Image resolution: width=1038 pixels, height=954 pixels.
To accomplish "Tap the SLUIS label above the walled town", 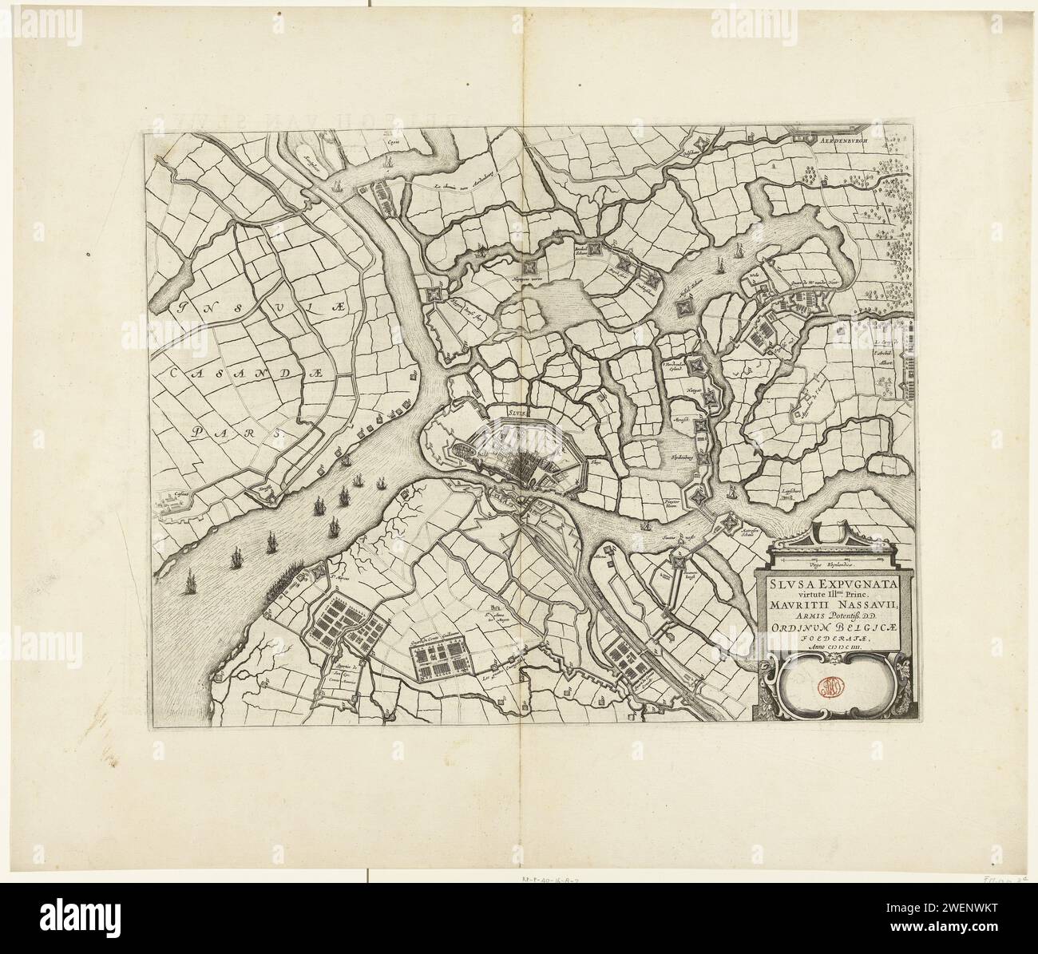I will pyautogui.click(x=519, y=413).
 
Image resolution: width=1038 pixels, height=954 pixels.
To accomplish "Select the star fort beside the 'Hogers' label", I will pyautogui.click(x=434, y=295).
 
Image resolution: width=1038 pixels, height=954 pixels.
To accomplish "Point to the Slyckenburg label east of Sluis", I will pyautogui.click(x=679, y=461).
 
